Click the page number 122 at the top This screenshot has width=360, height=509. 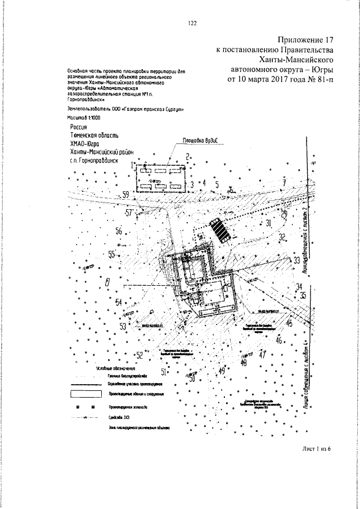coord(192,23)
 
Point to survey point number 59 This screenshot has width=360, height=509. coord(126,195)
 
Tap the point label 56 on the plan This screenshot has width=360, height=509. coord(119,231)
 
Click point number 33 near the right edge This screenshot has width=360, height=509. coord(296,260)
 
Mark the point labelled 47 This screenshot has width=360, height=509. coord(262,354)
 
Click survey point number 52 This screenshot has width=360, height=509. coord(139,354)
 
